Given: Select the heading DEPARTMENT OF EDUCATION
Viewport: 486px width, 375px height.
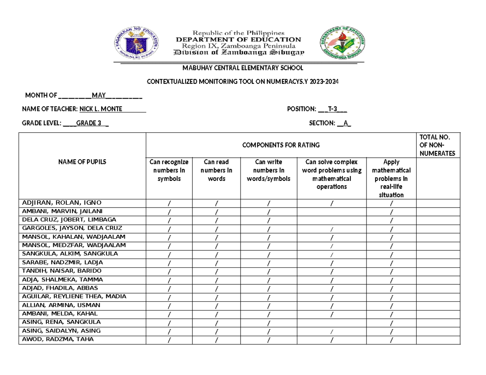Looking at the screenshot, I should [x=238, y=40].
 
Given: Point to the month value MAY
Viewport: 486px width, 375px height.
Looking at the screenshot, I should [x=99, y=95].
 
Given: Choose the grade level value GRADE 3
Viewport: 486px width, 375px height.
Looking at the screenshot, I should [x=88, y=123].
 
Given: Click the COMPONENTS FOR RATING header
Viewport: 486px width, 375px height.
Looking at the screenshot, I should [x=280, y=145].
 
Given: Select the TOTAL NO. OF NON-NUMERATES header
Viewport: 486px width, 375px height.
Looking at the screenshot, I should [x=438, y=145].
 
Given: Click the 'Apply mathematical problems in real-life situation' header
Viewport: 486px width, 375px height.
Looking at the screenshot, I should [x=391, y=178].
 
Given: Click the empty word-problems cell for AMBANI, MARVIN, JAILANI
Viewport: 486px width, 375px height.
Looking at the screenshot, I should [x=332, y=212].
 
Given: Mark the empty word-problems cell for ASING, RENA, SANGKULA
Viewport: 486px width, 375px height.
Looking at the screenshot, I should [x=332, y=322].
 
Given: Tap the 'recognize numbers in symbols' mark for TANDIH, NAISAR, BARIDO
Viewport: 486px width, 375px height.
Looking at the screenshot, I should [x=169, y=271].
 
